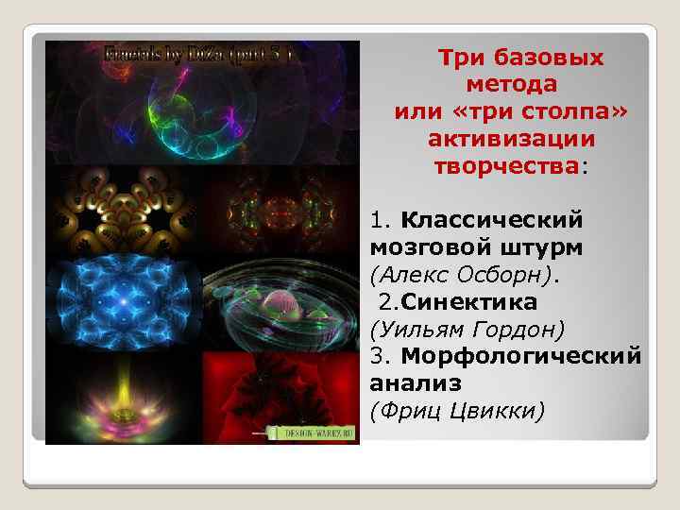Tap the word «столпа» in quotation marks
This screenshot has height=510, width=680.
(569, 112)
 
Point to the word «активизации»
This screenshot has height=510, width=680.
(511, 140)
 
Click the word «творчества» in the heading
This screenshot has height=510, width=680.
(506, 167)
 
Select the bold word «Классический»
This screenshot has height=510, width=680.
(491, 220)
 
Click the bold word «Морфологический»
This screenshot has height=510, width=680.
(520, 357)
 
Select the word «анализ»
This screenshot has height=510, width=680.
(416, 383)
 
